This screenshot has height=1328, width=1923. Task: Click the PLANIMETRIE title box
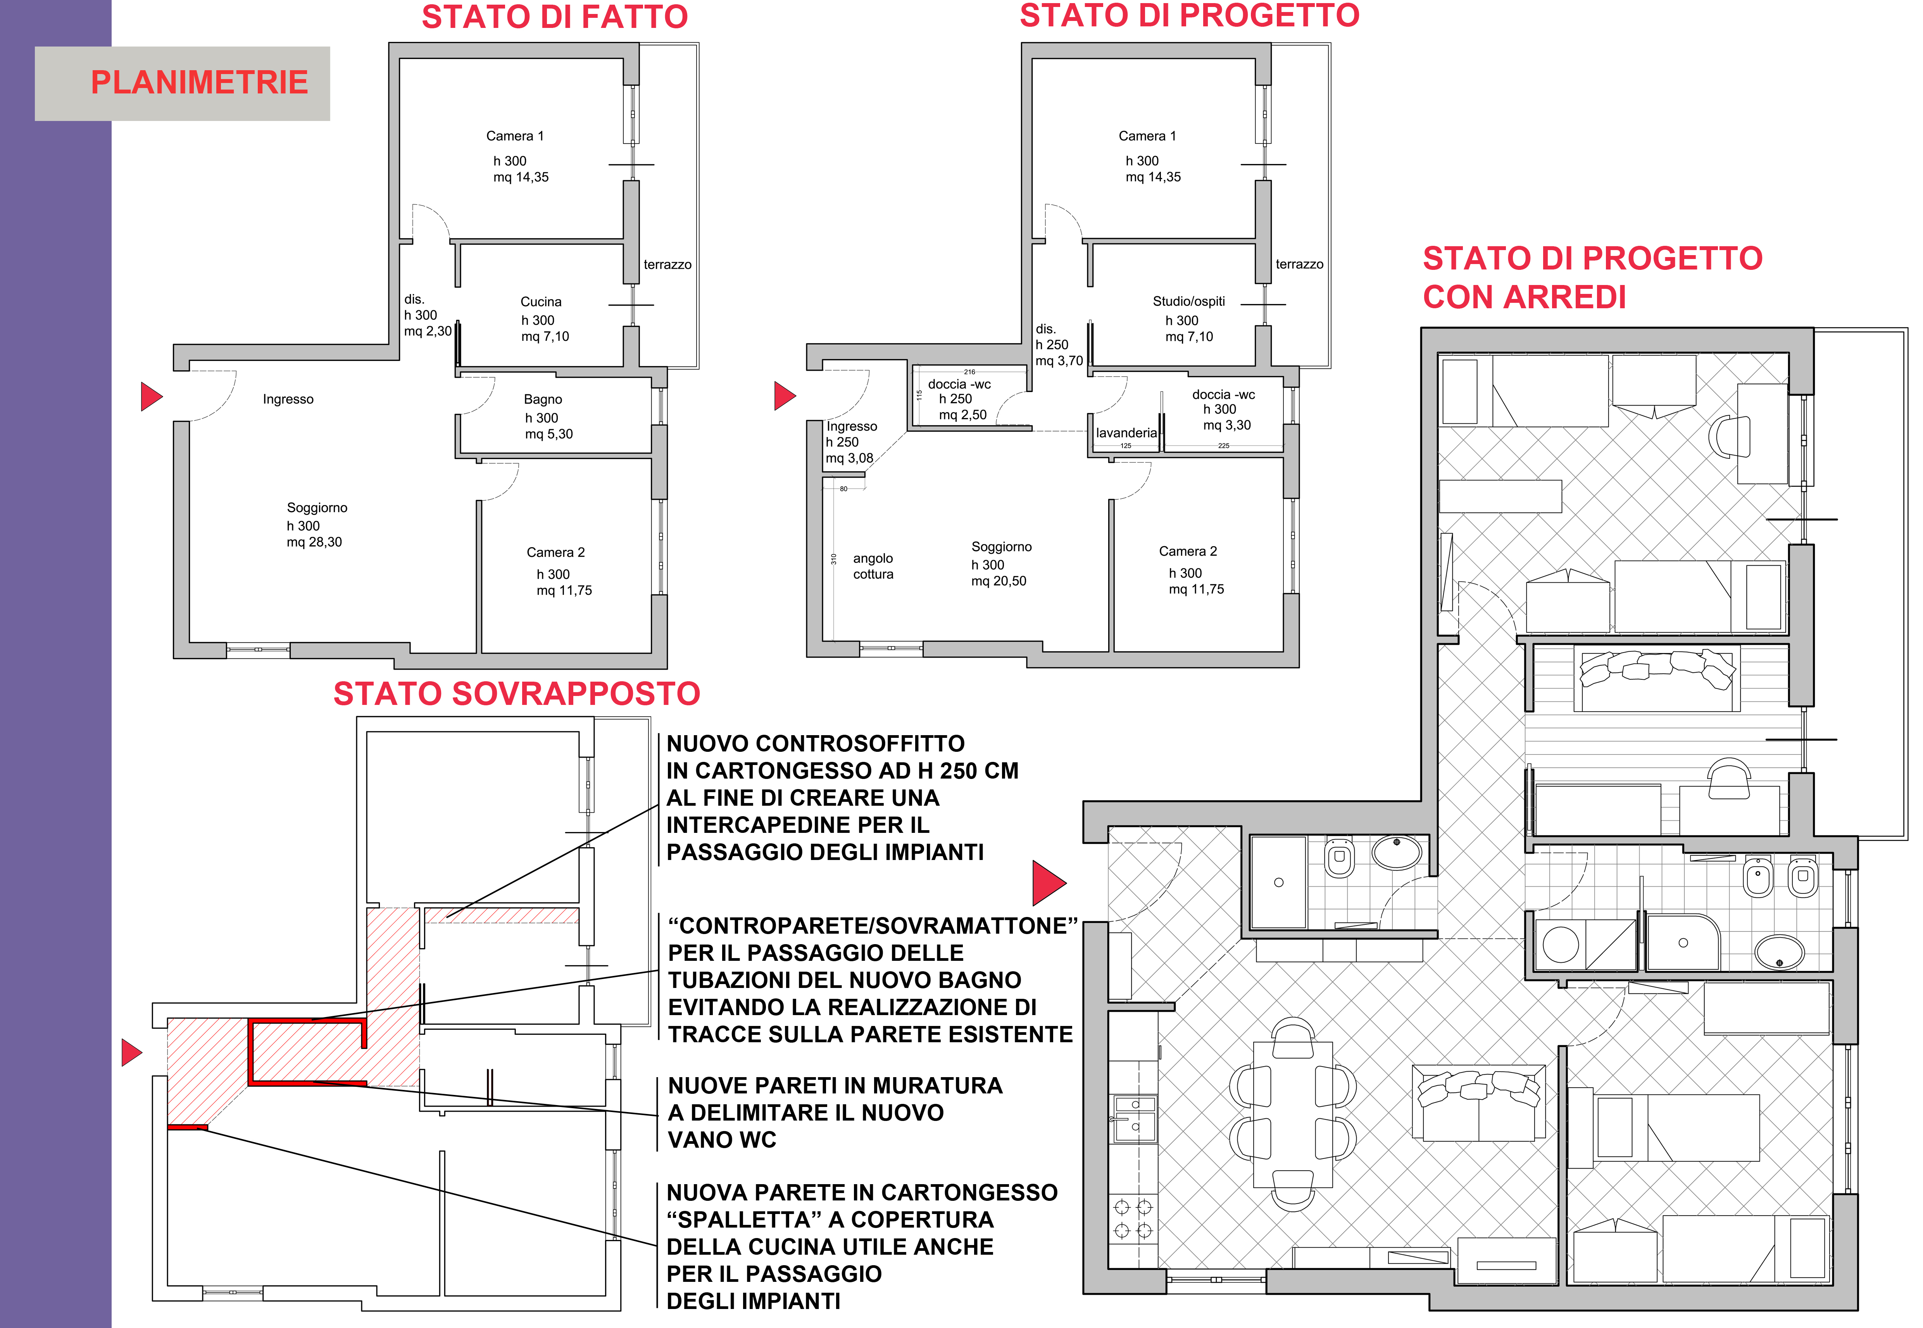tap(182, 83)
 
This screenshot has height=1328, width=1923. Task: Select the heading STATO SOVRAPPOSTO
tap(517, 693)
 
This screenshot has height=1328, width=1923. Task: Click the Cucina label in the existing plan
tap(541, 301)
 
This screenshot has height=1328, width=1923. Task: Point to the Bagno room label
tap(543, 399)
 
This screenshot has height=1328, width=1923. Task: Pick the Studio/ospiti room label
tap(1188, 301)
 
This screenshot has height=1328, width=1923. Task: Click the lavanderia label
tap(1126, 433)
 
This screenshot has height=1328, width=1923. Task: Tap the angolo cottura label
tap(873, 566)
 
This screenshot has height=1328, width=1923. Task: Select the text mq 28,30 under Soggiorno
tap(314, 542)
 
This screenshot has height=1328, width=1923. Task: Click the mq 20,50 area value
tap(999, 581)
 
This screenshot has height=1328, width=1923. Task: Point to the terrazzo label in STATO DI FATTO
tap(667, 264)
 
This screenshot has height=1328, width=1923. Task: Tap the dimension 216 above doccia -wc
tap(969, 372)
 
